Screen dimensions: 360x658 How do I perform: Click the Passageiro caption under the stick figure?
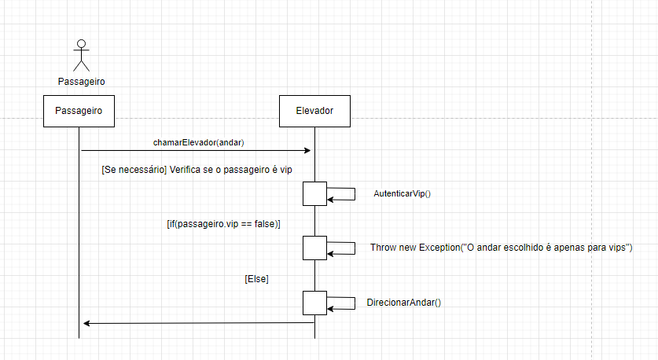click(x=81, y=81)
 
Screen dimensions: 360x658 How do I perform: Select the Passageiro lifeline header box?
click(x=80, y=111)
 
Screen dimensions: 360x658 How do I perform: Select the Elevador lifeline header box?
click(x=314, y=111)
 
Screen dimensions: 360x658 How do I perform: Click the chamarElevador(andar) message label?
click(x=198, y=142)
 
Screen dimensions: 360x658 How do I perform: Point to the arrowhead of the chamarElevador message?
click(x=308, y=150)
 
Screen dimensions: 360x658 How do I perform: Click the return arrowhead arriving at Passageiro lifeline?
click(x=86, y=323)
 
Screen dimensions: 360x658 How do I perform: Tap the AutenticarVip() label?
click(x=403, y=194)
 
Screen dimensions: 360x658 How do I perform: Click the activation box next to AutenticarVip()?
click(x=314, y=193)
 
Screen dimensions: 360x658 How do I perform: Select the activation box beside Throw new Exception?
click(x=314, y=248)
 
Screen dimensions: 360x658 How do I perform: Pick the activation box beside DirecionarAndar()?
click(x=314, y=302)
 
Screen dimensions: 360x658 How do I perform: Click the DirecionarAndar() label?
click(x=403, y=302)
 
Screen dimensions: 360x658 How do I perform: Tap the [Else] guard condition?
click(x=257, y=278)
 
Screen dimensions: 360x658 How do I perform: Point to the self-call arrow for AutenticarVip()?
click(x=344, y=193)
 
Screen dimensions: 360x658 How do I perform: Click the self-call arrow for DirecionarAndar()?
click(x=344, y=302)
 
